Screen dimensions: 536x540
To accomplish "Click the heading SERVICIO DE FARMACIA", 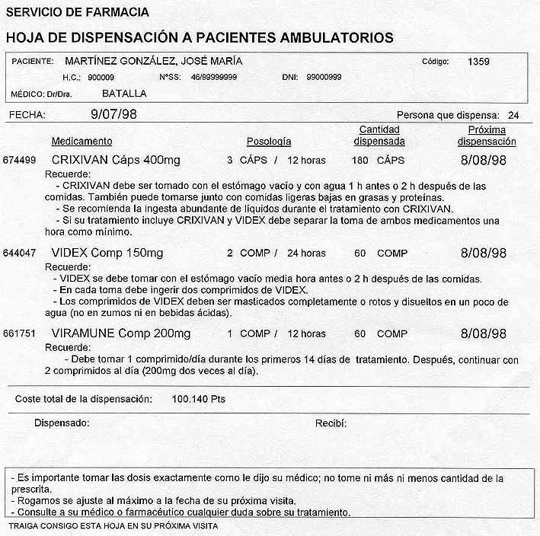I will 77,12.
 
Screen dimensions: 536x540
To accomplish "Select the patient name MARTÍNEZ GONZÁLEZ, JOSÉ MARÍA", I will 155,61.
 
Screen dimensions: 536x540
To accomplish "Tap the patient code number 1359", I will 479,61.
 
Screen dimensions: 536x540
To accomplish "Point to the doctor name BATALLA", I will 124,94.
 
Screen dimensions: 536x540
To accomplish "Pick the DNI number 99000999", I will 324,78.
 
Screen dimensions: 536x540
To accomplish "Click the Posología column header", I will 269,142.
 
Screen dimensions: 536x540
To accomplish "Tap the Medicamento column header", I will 81,142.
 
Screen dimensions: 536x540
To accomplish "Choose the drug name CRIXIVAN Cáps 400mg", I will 116,161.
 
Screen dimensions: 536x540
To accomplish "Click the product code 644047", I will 20,254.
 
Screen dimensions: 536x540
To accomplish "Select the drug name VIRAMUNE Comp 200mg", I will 121,334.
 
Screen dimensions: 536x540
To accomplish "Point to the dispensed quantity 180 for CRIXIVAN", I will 360,161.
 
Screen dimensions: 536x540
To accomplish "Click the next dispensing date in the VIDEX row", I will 484,253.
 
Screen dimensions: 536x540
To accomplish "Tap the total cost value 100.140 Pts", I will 198,399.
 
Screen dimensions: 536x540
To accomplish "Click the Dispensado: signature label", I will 62,423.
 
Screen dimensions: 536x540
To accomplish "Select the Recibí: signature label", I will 331,423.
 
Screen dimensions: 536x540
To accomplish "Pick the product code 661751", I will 20,334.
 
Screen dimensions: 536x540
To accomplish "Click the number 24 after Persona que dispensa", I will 513,116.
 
